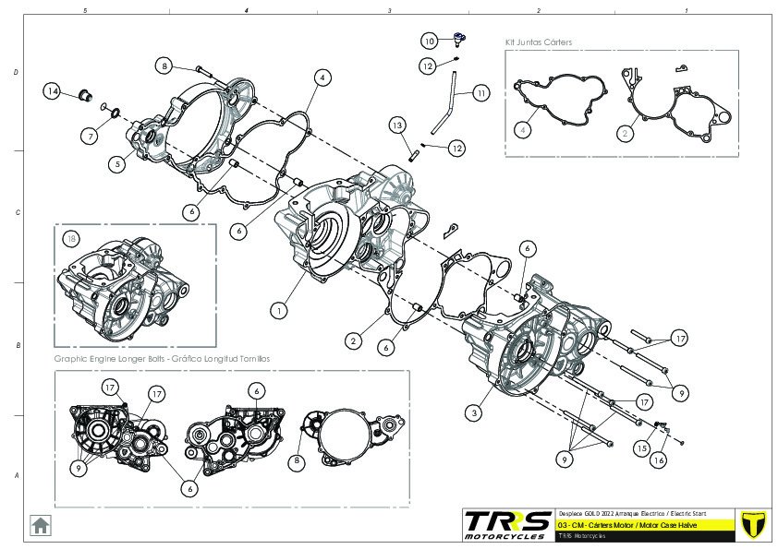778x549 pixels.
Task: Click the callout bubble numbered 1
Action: [278, 311]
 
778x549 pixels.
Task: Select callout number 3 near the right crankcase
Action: [474, 413]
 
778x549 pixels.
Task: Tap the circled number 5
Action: [117, 164]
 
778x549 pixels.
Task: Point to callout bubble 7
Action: [90, 136]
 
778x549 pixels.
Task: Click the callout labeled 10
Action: [429, 41]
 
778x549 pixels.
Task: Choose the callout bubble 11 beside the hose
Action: [481, 93]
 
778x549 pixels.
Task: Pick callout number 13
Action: [395, 125]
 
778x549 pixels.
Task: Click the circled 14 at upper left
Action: [53, 91]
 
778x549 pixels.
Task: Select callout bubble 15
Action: [640, 448]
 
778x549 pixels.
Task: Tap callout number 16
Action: [660, 459]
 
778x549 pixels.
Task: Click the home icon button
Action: [41, 524]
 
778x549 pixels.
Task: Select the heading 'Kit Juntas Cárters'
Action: [539, 42]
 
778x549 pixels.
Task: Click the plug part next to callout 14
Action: [80, 93]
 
